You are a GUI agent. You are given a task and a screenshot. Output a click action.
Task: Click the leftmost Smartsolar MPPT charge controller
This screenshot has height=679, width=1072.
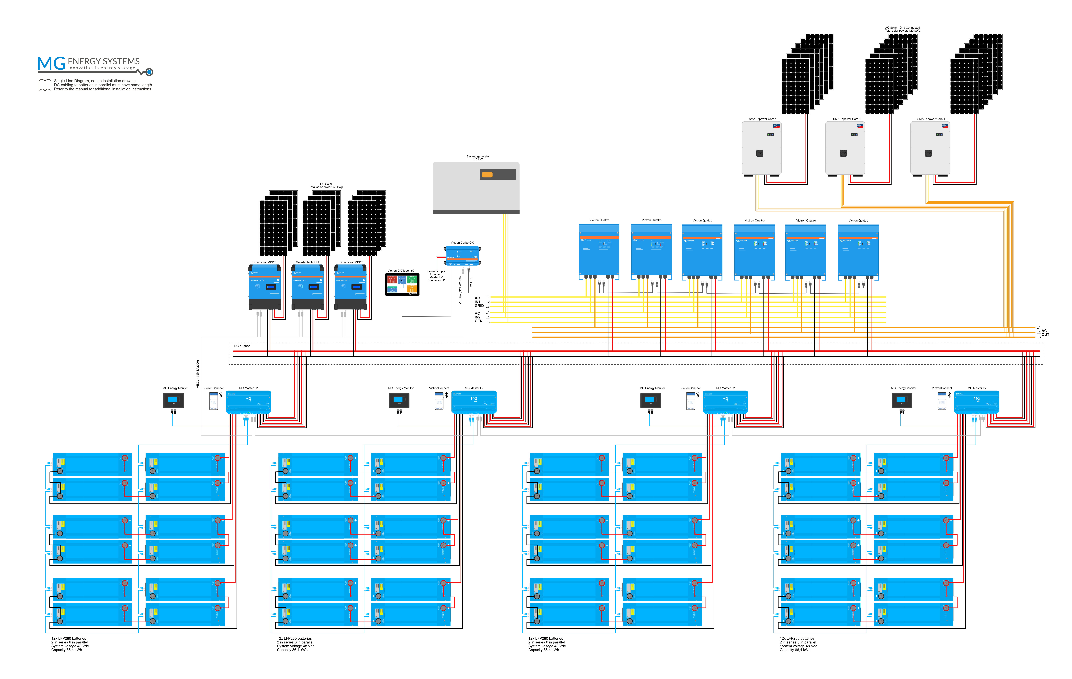click(264, 287)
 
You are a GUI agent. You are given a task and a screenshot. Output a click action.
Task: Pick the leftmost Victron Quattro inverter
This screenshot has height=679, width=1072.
click(599, 250)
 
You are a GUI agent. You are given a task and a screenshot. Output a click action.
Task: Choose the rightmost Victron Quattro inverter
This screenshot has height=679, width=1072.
click(858, 250)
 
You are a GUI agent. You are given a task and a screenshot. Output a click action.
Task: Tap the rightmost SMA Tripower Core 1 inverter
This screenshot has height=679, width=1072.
click(930, 148)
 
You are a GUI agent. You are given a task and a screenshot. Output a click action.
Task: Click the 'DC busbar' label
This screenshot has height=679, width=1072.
click(242, 346)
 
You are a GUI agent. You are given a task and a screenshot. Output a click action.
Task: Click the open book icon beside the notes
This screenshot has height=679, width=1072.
click(45, 85)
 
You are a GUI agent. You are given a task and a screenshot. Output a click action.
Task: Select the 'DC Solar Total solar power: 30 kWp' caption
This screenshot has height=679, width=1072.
click(326, 185)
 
